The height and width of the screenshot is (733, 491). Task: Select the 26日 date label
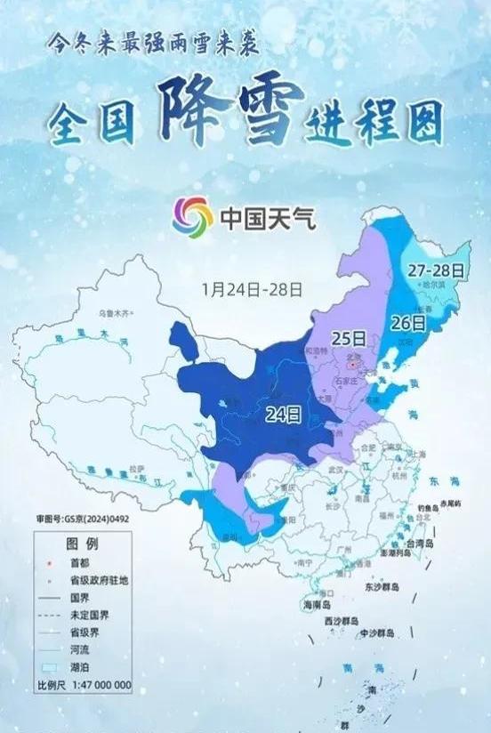pyautogui.click(x=408, y=323)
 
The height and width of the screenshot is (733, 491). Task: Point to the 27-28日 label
pyautogui.click(x=437, y=269)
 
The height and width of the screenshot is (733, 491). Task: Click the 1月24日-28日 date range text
pyautogui.click(x=253, y=289)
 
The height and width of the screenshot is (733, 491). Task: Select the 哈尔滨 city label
pyautogui.click(x=432, y=285)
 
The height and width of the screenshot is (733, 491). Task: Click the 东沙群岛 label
pyautogui.click(x=383, y=588)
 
